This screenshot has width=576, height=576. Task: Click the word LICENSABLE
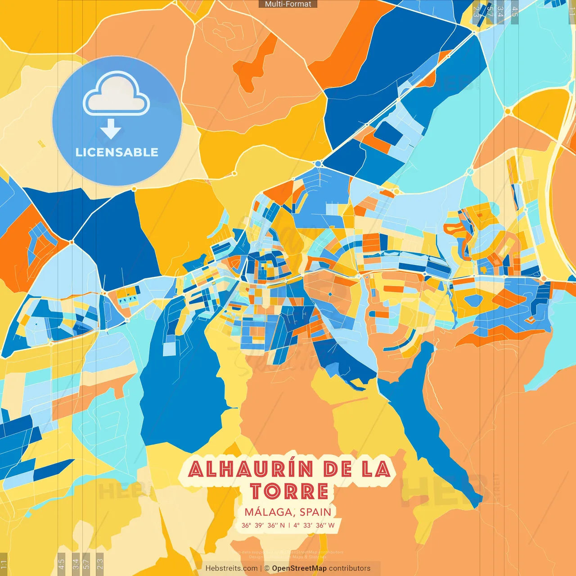click(117, 152)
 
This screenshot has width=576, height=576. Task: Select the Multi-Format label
click(288, 4)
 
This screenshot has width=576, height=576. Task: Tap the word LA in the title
click(376, 469)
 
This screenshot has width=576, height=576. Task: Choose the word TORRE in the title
click(289, 491)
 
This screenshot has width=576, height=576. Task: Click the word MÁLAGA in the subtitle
click(269, 512)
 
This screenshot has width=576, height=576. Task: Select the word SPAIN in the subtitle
click(315, 512)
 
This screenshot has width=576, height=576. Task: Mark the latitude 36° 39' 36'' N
click(263, 525)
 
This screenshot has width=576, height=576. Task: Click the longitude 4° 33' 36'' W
click(314, 525)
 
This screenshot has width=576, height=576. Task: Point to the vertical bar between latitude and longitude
click(289, 525)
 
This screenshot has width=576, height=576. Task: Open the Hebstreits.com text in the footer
click(231, 568)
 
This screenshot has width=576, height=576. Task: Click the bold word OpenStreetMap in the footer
click(299, 568)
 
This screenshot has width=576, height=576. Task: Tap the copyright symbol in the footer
click(267, 568)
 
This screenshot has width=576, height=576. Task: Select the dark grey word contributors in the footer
click(350, 568)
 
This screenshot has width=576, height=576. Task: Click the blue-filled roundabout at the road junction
click(319, 163)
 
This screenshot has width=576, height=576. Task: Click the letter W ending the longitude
click(331, 525)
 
